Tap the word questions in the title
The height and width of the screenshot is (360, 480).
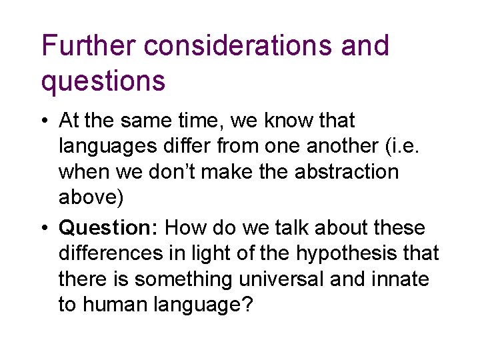[x=103, y=81]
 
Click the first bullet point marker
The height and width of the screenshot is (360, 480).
[x=44, y=121]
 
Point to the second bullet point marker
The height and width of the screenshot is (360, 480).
[x=44, y=228]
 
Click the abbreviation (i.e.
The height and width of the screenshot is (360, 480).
[x=402, y=146]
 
